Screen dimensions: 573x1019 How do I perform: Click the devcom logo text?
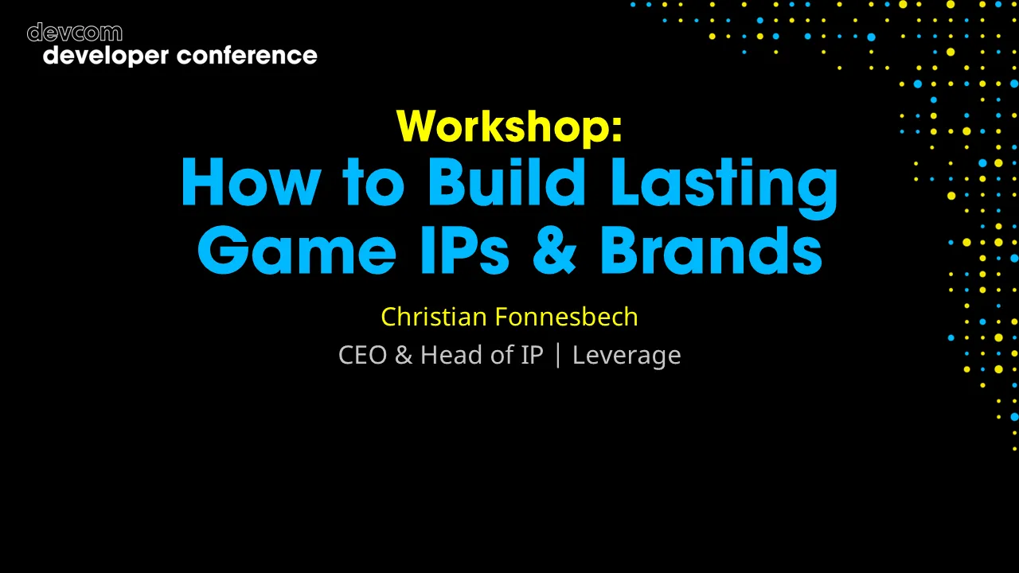pos(75,33)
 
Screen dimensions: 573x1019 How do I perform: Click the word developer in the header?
pos(106,56)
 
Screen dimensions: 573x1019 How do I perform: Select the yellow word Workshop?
pos(503,125)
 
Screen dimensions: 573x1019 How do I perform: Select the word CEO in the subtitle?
pos(363,355)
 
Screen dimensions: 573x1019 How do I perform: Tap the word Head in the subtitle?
pos(452,355)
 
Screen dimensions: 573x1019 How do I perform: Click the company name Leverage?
pos(627,356)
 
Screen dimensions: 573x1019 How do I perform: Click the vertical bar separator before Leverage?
pos(557,355)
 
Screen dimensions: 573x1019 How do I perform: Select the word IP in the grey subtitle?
pos(532,355)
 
